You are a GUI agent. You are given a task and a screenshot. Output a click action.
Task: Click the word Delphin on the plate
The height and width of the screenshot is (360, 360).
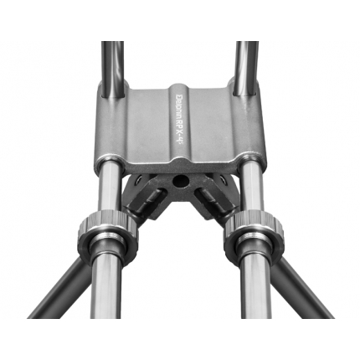180,105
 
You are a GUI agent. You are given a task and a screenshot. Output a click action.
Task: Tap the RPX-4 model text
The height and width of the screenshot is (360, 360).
180,137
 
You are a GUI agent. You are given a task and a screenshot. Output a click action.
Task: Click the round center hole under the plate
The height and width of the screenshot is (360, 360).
179,181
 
